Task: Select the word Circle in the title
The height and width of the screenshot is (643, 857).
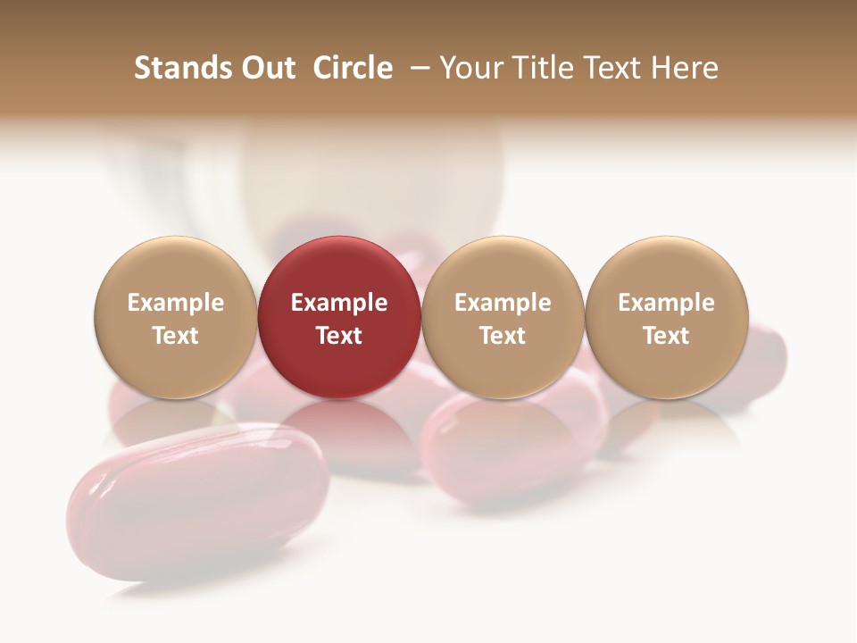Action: click(353, 68)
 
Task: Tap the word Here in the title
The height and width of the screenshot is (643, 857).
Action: click(686, 68)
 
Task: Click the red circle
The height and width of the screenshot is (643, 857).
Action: click(339, 318)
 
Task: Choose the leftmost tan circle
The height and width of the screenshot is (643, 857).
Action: click(176, 318)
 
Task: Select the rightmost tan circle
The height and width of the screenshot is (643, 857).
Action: click(667, 318)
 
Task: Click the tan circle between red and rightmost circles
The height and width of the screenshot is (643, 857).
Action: click(503, 318)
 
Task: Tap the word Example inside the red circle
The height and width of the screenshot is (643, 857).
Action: click(339, 303)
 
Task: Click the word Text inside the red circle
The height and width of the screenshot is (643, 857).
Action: click(339, 336)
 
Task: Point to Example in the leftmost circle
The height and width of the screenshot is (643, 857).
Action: click(176, 303)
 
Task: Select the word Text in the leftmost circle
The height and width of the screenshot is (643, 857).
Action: click(176, 336)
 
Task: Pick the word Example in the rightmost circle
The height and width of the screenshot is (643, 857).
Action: click(667, 303)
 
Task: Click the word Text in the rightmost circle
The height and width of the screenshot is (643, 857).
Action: click(667, 336)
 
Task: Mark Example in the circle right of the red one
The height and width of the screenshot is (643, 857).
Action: click(503, 303)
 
